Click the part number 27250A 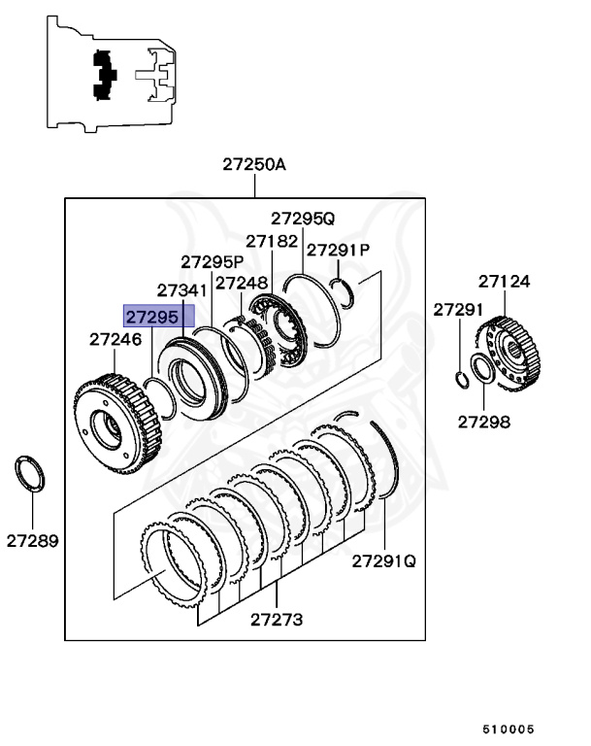tap(254, 164)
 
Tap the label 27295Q tap(302, 218)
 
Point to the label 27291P tap(335, 250)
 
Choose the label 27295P tap(212, 261)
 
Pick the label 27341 tap(182, 289)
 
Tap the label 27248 tap(241, 283)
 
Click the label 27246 tap(115, 339)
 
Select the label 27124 tap(504, 282)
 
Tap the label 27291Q tap(383, 560)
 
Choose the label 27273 tap(277, 619)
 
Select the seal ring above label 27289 tap(32, 474)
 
